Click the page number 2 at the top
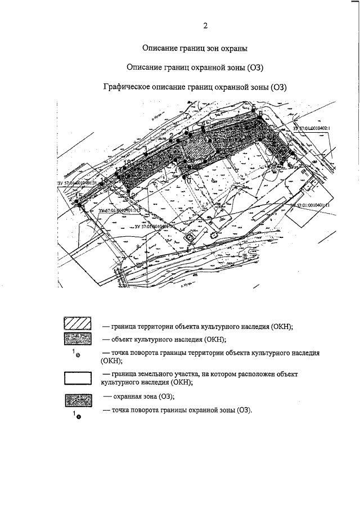[x=205, y=26]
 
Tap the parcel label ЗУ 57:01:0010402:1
[x=314, y=128]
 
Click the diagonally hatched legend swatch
[x=76, y=326]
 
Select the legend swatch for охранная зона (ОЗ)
[x=76, y=401]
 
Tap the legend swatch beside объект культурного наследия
[x=76, y=340]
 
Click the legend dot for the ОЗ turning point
[x=78, y=417]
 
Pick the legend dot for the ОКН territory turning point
[x=78, y=355]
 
